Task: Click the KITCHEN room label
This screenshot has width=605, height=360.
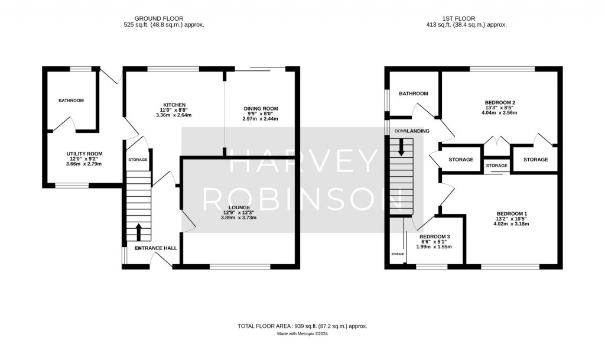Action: point(174,105)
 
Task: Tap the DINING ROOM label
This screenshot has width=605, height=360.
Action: point(261,109)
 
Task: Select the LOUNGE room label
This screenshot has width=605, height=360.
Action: point(236,207)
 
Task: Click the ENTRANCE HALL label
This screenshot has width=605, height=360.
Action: point(156,248)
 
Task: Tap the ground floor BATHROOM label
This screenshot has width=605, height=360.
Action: point(71,100)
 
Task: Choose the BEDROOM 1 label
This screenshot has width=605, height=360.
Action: point(512,213)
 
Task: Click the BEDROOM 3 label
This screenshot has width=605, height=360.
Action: point(435,236)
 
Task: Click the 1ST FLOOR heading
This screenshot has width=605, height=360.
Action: point(466,17)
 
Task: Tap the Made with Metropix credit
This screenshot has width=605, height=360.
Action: point(302,334)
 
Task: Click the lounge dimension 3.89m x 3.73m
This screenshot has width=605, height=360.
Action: point(236,218)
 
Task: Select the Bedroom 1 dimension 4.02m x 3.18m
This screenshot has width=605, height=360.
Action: point(512,224)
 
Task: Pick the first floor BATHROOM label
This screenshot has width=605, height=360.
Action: point(413,93)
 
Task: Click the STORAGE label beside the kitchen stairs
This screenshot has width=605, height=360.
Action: point(139,160)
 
